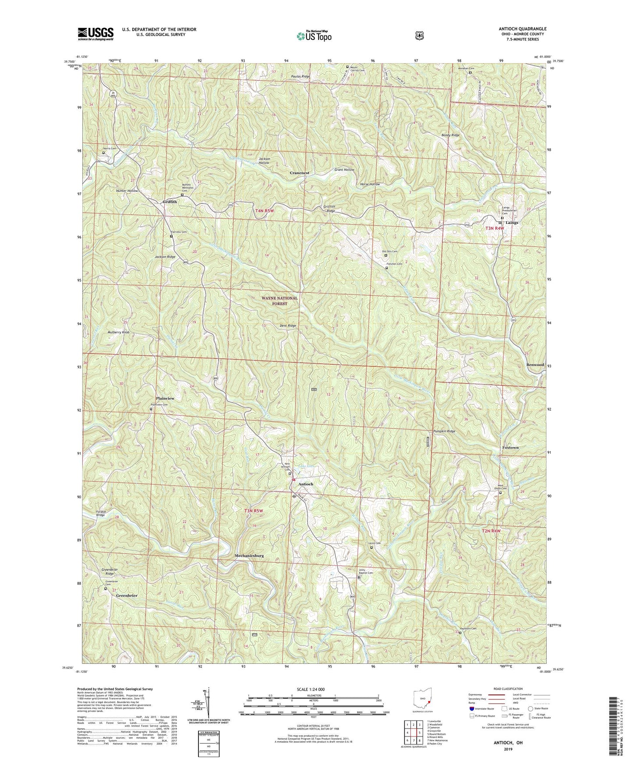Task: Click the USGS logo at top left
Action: coord(95,34)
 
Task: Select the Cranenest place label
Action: coord(300,173)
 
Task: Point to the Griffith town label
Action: coord(170,202)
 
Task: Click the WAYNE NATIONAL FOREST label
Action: coord(279,301)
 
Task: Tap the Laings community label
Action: coord(512,223)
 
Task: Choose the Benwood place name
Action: coord(535,365)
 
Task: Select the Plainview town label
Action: coord(165,398)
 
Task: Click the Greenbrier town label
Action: coord(127,596)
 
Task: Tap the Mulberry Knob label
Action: coord(119,333)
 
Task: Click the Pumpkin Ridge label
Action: coord(444,431)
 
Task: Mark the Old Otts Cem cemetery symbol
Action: coord(386,255)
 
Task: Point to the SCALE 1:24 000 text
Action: coord(311,689)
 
